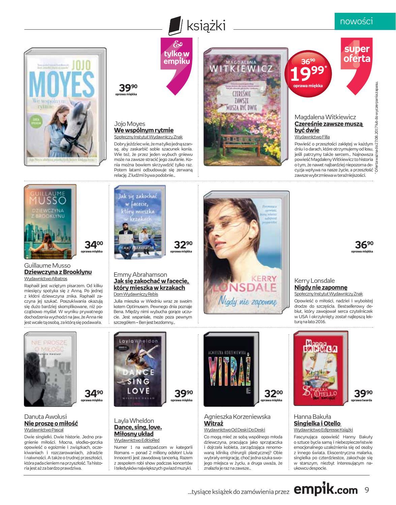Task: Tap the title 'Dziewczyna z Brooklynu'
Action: click(58, 272)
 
